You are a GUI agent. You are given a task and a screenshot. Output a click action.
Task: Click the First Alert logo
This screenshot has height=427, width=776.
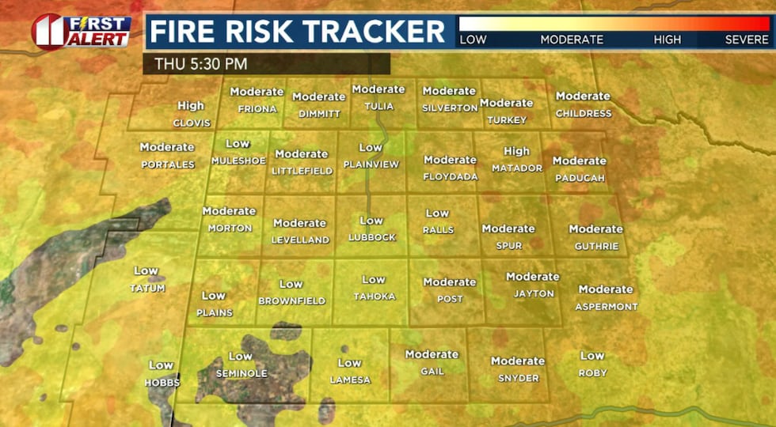[x=81, y=32]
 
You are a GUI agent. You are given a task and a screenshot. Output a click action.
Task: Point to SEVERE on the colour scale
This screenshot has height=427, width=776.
[x=747, y=39]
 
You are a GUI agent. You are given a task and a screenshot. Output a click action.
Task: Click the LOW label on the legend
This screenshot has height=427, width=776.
[x=474, y=39]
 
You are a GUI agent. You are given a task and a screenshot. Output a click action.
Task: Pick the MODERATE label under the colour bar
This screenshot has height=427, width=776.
[x=572, y=39]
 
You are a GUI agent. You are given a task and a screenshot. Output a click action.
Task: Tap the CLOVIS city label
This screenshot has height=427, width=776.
[x=192, y=123]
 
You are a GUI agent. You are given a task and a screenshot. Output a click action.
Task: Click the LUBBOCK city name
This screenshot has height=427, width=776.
[x=371, y=237]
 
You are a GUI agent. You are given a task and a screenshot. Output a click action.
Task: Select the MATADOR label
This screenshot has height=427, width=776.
[x=517, y=168]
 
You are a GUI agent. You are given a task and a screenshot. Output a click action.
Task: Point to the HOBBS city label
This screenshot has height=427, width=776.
[x=162, y=383]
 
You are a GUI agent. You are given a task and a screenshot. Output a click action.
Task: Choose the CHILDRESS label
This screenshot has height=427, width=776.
[x=584, y=113]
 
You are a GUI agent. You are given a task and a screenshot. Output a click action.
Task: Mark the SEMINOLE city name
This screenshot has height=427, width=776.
[x=241, y=373]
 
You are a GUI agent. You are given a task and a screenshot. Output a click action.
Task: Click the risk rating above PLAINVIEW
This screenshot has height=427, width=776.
[x=371, y=148]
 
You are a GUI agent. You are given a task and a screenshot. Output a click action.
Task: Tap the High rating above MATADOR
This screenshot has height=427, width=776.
[x=516, y=151]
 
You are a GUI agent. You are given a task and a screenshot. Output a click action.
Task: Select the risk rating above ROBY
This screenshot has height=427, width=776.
[x=592, y=356]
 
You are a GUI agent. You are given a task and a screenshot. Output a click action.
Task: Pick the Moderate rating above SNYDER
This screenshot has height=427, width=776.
[x=518, y=361]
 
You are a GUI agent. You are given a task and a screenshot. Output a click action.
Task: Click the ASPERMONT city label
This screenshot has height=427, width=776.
[x=606, y=306]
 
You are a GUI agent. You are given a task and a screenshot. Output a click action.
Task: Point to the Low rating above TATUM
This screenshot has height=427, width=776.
[x=146, y=271]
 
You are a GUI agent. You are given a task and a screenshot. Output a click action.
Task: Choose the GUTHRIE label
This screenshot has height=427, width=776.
[x=597, y=246]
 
